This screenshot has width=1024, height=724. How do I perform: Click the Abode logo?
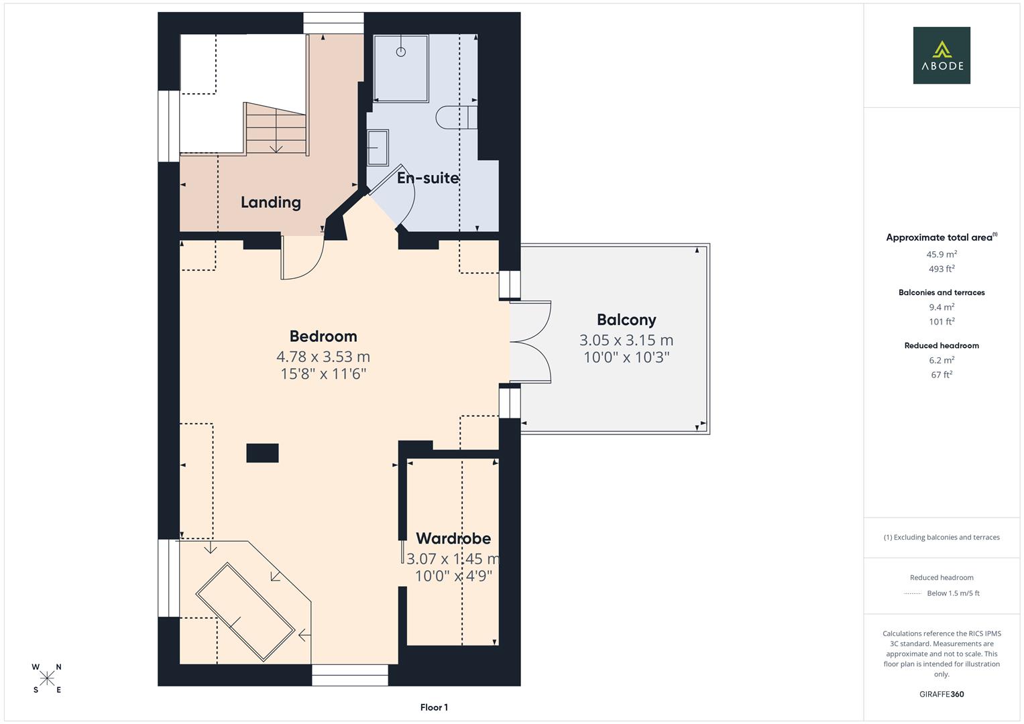[941, 55]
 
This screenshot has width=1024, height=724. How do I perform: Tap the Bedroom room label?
[323, 336]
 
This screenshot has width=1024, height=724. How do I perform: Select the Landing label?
[270, 202]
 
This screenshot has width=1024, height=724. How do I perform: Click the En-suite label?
[428, 178]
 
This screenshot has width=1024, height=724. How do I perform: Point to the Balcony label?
[626, 320]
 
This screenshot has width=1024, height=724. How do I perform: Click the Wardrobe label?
[453, 538]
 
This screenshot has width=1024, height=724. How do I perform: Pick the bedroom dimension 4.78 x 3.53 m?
[323, 357]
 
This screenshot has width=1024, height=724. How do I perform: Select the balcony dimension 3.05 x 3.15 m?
[626, 340]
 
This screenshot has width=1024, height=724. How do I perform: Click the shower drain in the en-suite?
[401, 52]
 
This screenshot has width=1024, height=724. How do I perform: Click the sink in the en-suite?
[378, 147]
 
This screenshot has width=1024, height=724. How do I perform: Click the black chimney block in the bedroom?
[262, 453]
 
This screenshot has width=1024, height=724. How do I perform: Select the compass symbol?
[47, 678]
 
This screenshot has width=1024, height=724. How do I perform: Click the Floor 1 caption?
[434, 707]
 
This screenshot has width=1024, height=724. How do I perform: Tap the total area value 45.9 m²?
[942, 254]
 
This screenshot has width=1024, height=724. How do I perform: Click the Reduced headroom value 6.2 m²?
[942, 360]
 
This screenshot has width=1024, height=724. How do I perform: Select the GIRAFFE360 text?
[942, 694]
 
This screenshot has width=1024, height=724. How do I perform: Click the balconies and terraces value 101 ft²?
[942, 322]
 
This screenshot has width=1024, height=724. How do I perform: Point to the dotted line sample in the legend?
[913, 593]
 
